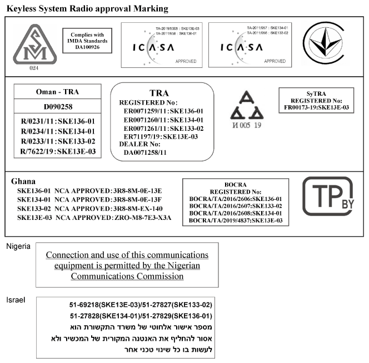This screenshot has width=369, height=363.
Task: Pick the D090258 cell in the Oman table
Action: tap(57, 106)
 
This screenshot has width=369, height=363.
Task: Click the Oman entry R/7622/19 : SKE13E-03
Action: tap(57, 151)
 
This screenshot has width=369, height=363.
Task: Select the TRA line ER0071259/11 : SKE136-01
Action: tap(163, 111)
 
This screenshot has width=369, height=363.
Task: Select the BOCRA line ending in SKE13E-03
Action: tap(236, 220)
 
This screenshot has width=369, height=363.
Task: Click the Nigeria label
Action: tap(18, 246)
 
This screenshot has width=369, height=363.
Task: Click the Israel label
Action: tap(15, 300)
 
